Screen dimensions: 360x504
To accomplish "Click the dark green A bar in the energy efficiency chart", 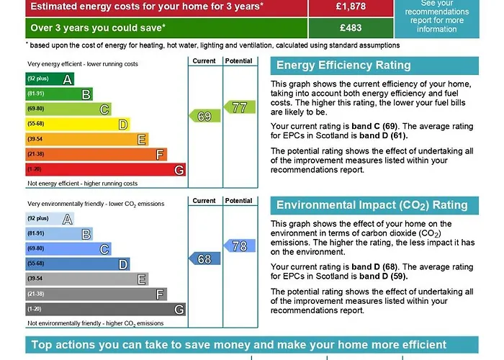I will coord(50,79).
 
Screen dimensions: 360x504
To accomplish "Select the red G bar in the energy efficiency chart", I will coord(105,170).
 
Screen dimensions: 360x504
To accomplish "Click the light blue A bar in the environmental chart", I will coord(50,219).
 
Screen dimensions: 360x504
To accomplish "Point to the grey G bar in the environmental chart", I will coord(105,309).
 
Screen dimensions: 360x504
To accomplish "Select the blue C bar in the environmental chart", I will coord(68,249).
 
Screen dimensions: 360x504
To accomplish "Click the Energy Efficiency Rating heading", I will coord(343,66).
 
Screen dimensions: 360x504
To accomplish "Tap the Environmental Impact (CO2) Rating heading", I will coord(372,205).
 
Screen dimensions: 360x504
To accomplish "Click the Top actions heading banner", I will coord(239,345).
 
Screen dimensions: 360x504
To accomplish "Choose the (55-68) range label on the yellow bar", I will coord(36,124).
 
